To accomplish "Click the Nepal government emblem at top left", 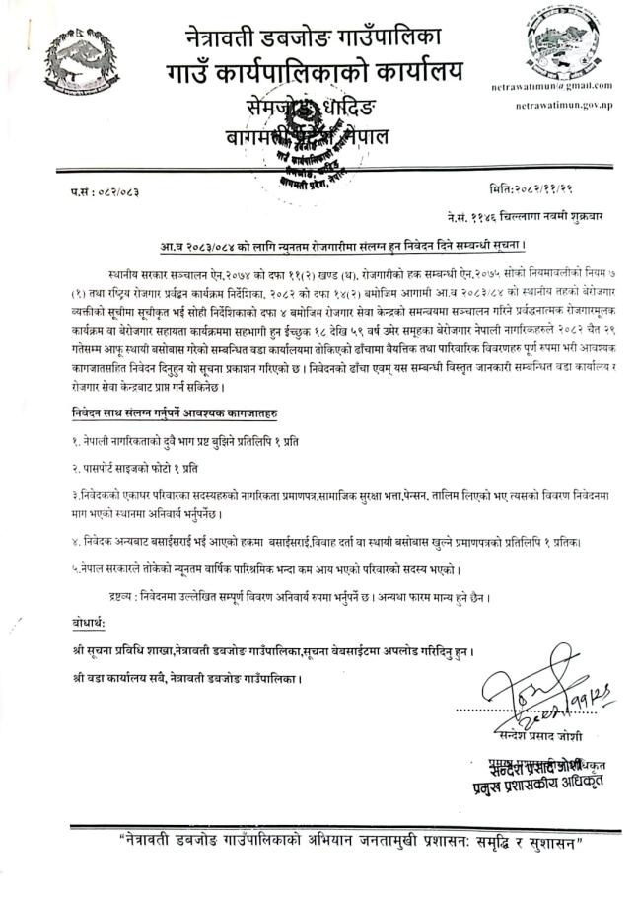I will (x=78, y=63).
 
